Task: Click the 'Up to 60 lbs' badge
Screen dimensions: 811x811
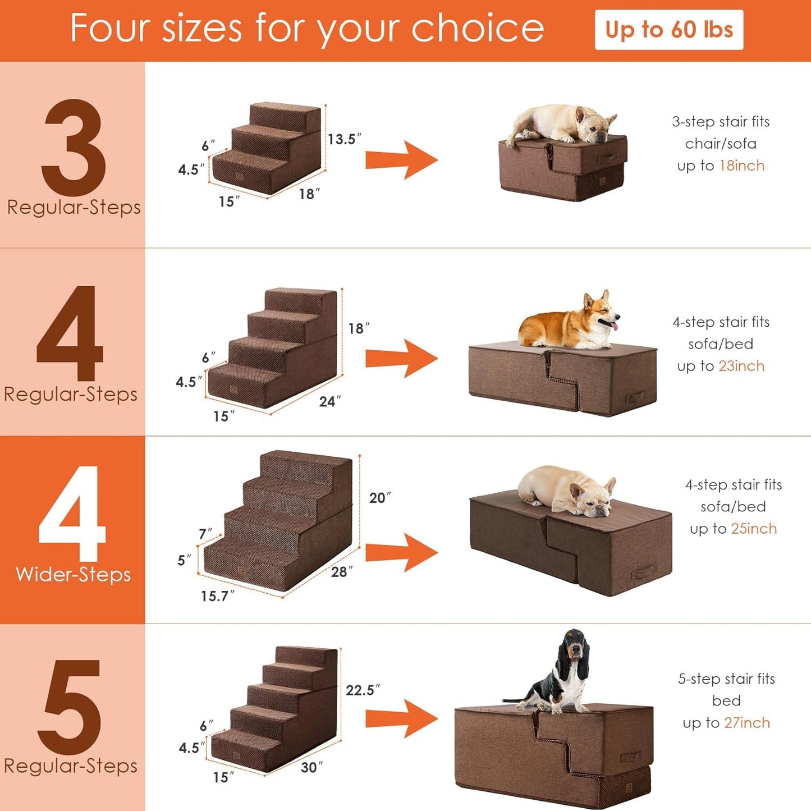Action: (x=668, y=30)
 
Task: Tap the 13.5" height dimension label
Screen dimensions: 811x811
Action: (x=344, y=139)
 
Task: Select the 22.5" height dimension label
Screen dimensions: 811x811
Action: (x=362, y=690)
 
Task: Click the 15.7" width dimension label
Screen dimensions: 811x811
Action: (x=217, y=596)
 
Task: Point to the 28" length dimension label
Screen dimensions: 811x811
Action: (x=342, y=571)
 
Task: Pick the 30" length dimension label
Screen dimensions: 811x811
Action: (x=311, y=767)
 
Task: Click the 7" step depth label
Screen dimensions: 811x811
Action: (x=205, y=534)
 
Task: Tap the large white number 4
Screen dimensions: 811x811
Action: (x=72, y=514)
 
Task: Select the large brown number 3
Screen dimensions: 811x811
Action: (x=74, y=148)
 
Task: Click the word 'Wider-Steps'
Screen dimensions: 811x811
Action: (x=73, y=575)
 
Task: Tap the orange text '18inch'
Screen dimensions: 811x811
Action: (x=741, y=166)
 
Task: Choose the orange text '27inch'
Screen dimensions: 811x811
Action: (x=746, y=723)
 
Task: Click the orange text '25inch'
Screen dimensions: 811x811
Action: (x=753, y=529)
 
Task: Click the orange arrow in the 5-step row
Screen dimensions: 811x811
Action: (x=401, y=718)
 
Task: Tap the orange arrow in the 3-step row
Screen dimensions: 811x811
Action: (x=401, y=160)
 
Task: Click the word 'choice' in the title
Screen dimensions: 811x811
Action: (x=477, y=28)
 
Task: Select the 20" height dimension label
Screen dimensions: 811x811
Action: (x=379, y=498)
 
